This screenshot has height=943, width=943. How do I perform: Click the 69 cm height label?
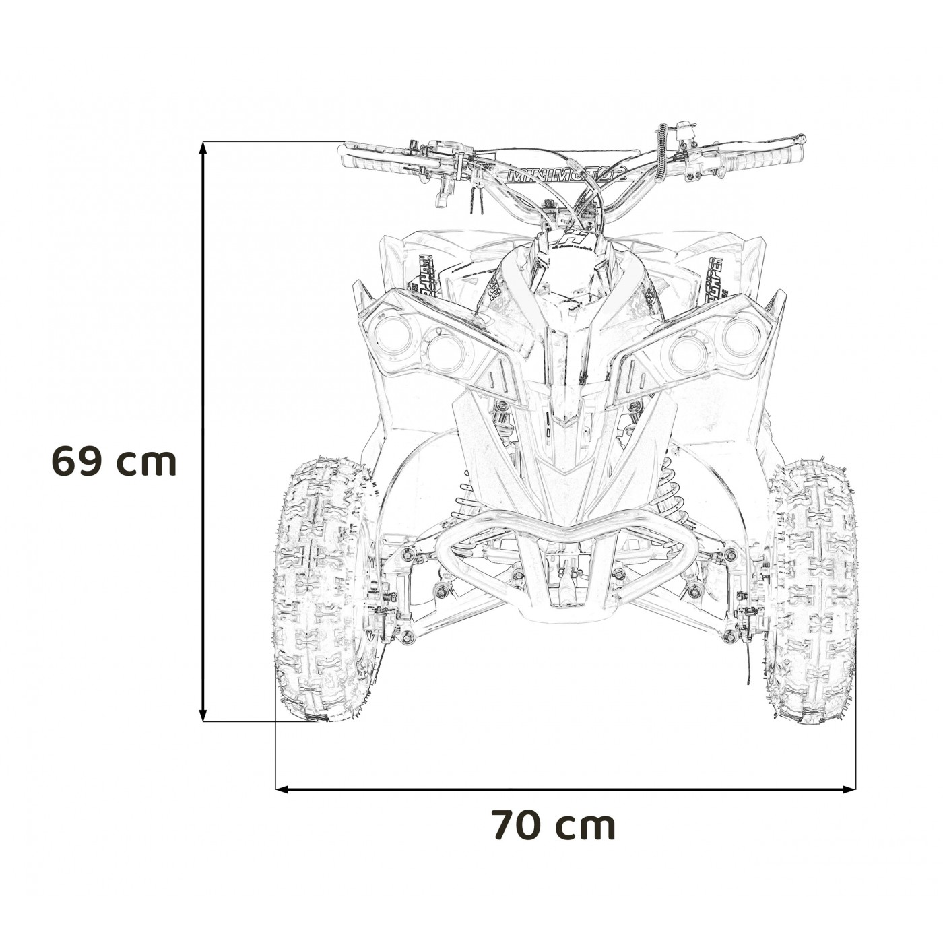tap(114, 461)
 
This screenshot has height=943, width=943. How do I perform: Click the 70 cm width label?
tap(553, 825)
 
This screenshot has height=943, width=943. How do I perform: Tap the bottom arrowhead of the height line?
tap(203, 714)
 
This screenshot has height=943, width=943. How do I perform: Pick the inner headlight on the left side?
tap(445, 351)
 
